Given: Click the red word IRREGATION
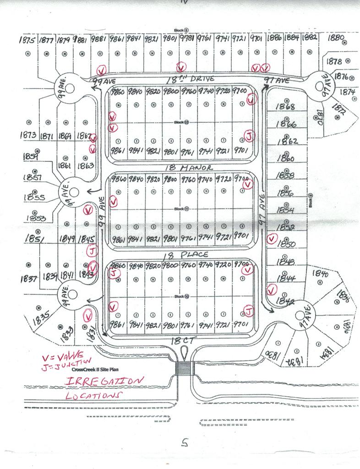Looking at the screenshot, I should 104,382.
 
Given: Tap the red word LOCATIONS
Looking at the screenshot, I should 94,395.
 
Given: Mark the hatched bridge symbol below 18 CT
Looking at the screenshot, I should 184,367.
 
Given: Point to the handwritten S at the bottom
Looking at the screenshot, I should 185,442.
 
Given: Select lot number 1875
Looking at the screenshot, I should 27,40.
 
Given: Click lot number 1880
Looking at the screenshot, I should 337,38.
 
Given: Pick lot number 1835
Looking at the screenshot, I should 42,319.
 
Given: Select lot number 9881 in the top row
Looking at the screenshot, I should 99,39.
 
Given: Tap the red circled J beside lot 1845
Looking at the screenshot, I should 92,251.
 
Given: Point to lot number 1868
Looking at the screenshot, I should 286,107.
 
